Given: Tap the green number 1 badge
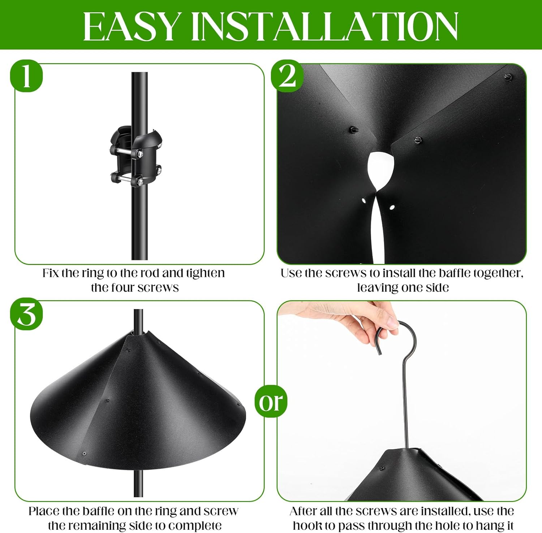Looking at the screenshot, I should [26, 76].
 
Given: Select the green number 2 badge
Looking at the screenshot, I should [287, 76].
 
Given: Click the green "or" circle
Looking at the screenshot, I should [271, 401].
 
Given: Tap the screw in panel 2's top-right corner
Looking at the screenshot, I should [508, 77].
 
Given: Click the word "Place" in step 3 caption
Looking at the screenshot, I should [44, 511].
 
